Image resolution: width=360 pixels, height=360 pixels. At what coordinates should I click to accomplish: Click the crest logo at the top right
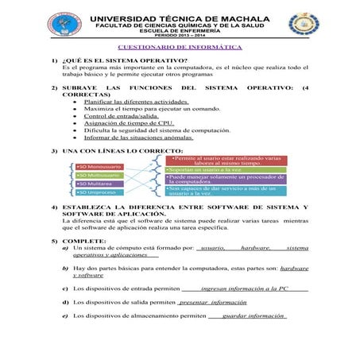(302, 23)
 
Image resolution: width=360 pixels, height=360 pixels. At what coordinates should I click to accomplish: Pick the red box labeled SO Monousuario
(99, 166)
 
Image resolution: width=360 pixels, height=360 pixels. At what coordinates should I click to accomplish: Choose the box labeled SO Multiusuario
(99, 175)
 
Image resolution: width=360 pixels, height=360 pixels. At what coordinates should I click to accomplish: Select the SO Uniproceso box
(99, 192)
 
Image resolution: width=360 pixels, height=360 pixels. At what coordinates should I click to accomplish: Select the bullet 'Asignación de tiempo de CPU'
(128, 124)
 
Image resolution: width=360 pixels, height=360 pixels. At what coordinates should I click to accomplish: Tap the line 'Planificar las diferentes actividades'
(136, 102)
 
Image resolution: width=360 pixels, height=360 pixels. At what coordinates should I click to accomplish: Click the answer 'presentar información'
(212, 302)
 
